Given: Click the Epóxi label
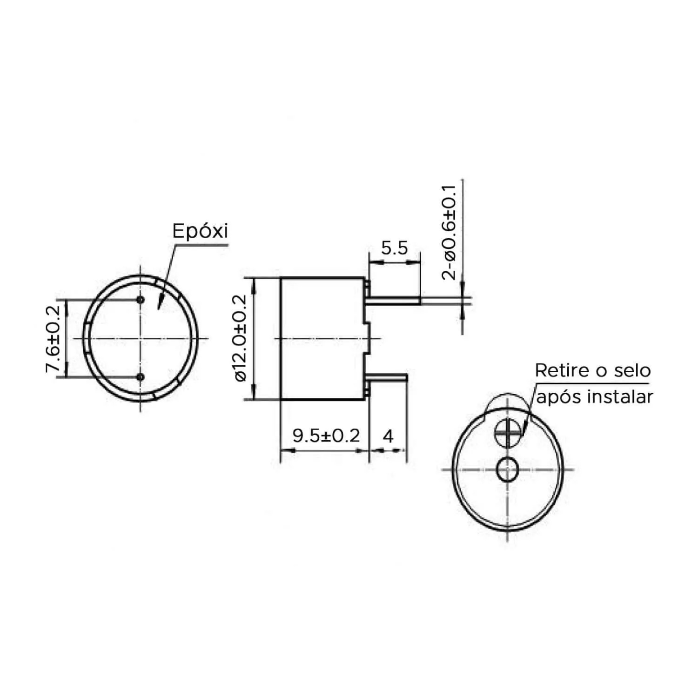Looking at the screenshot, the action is pyautogui.click(x=200, y=231).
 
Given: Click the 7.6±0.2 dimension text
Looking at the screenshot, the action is pyautogui.click(x=53, y=339).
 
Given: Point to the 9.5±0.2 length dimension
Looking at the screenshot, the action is pyautogui.click(x=326, y=436).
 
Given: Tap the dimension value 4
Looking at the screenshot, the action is pyautogui.click(x=388, y=436).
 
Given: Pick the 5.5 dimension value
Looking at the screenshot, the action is pyautogui.click(x=394, y=248).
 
